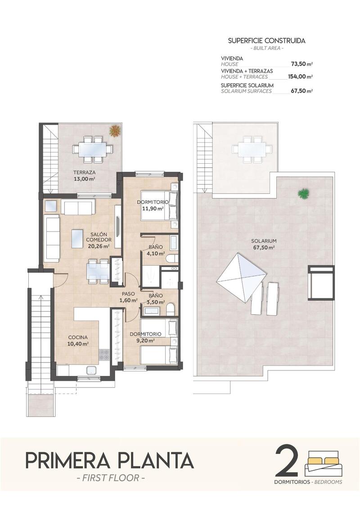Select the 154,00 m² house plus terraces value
300,76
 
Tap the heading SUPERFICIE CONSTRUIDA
266,40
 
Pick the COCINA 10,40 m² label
78,340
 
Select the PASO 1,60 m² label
129,297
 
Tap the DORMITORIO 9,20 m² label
145,337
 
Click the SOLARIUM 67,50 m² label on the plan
264,244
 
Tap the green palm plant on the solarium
302,193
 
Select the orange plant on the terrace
115,130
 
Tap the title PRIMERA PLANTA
110,460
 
